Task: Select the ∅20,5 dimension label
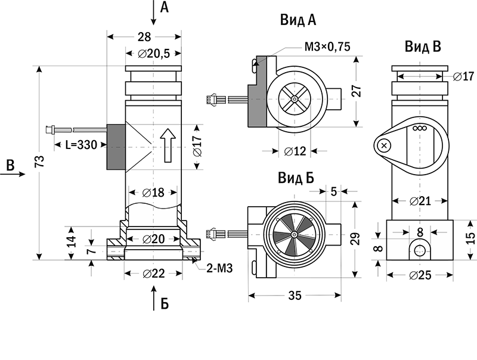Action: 154,54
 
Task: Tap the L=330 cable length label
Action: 81,145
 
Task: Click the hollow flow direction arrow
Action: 168,145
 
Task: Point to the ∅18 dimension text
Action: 153,193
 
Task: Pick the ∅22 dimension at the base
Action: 154,274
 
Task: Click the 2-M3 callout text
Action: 219,268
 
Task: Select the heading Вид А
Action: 298,20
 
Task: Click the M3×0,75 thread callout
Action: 327,46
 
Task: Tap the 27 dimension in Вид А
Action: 357,91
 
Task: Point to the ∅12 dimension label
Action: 295,151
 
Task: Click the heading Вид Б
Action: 296,178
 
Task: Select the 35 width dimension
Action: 295,295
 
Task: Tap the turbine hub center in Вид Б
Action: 294,234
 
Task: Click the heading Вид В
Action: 423,46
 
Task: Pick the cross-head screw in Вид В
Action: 384,145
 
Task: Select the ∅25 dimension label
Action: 420,275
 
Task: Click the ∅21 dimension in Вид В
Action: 420,201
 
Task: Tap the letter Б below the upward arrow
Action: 165,303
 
